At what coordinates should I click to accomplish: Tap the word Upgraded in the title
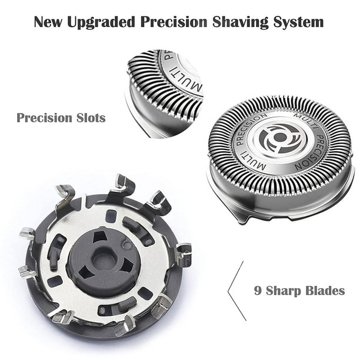104,23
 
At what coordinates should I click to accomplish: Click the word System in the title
299,23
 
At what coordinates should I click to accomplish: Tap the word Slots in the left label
89,118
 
